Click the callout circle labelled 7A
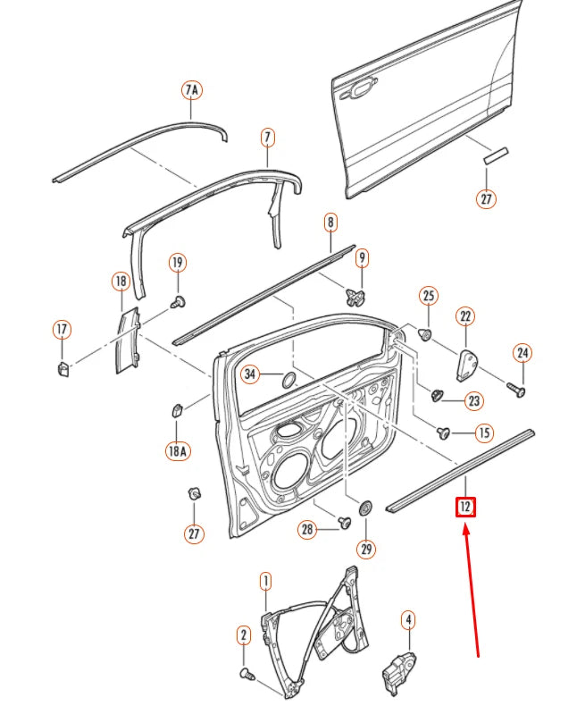pyautogui.click(x=192, y=90)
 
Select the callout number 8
pyautogui.click(x=330, y=222)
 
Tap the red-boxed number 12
pyautogui.click(x=464, y=508)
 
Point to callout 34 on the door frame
pyautogui.click(x=251, y=374)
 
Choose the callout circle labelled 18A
pyautogui.click(x=177, y=451)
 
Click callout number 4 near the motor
pyautogui.click(x=408, y=618)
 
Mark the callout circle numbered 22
pyautogui.click(x=465, y=316)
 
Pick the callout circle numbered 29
pyautogui.click(x=365, y=549)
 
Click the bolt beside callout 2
pyautogui.click(x=247, y=673)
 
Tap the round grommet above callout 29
pyautogui.click(x=365, y=508)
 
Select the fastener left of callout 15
pyautogui.click(x=442, y=433)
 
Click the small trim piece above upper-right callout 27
pyautogui.click(x=495, y=155)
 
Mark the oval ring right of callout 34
pyautogui.click(x=290, y=379)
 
